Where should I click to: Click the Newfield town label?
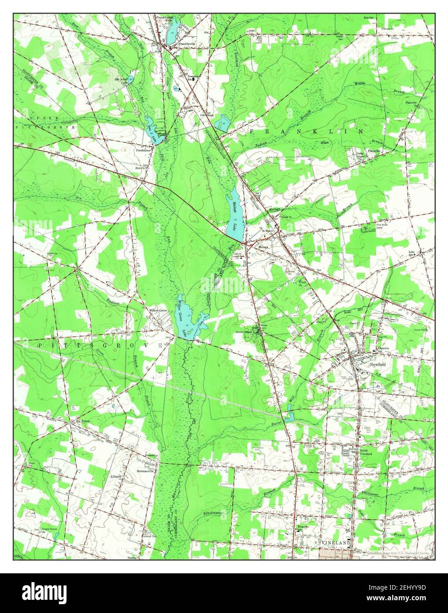click(x=378, y=365)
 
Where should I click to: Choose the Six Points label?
click(x=83, y=421)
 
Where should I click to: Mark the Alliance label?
click(x=116, y=477)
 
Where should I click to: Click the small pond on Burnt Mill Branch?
click(x=289, y=416)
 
